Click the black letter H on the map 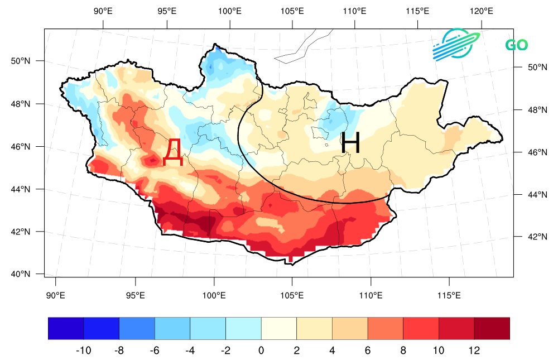point(350,143)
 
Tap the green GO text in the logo point(516,45)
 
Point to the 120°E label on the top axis point(480,11)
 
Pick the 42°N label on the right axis point(530,237)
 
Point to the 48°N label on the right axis point(530,110)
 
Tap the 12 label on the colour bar point(474,351)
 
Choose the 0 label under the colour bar point(261,351)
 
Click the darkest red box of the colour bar point(492,328)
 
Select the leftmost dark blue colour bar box point(66,328)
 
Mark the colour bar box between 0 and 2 point(279,328)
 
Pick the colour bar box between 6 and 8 point(386,328)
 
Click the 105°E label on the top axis point(292,11)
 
